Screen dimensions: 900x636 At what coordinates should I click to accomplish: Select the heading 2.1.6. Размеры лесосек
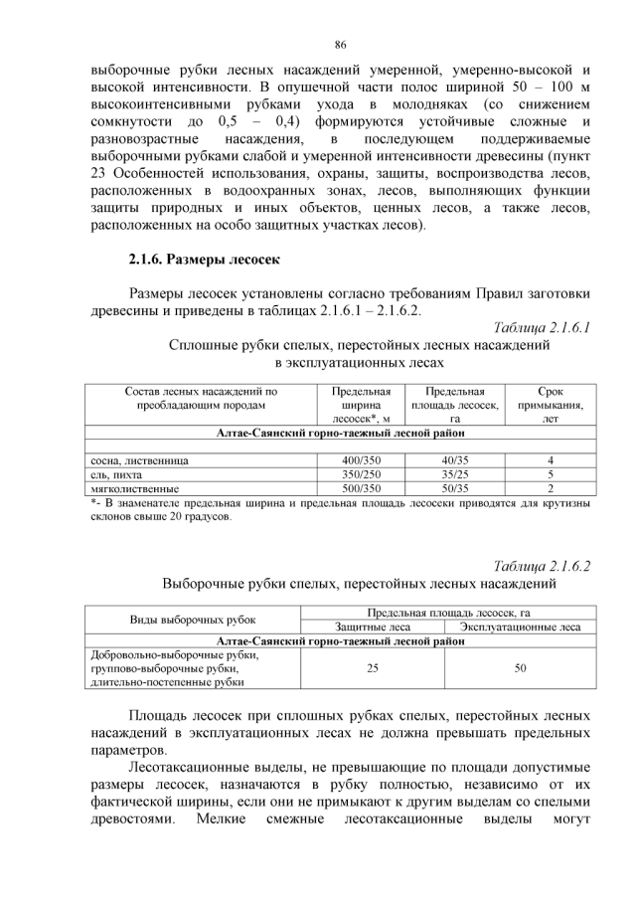pos(206,261)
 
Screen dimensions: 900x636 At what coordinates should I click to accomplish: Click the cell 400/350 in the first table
pos(361,460)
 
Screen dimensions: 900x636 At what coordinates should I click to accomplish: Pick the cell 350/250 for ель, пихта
pos(361,474)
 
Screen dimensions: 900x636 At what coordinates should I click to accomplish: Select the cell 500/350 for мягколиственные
pos(361,488)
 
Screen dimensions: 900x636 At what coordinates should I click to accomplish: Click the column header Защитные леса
pos(373,628)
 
